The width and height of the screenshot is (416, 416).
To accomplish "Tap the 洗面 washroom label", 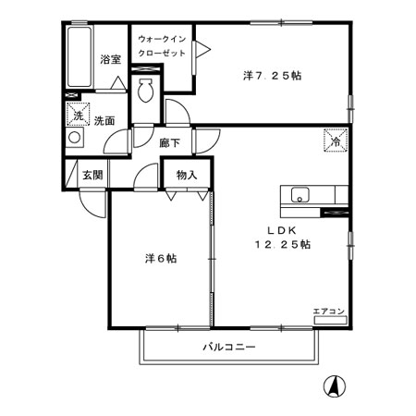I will pyautogui.click(x=104, y=121).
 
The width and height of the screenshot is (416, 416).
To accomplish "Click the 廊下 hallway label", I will pyautogui.click(x=168, y=142).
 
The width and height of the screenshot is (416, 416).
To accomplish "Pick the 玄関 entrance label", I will pyautogui.click(x=91, y=174).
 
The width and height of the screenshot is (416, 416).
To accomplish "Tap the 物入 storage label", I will pyautogui.click(x=188, y=173).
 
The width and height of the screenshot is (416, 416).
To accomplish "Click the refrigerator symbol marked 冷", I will pyautogui.click(x=333, y=141).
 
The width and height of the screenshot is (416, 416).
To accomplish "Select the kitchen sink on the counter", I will pyautogui.click(x=300, y=194).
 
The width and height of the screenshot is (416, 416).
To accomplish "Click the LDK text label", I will pyautogui.click(x=281, y=230).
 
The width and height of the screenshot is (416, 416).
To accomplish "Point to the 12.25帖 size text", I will pyautogui.click(x=282, y=245).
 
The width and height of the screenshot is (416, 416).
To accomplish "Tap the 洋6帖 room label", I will pyautogui.click(x=159, y=258).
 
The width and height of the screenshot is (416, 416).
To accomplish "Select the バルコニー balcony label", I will pyautogui.click(x=228, y=347).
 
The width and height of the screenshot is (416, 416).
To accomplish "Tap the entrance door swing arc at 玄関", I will pyautogui.click(x=91, y=202).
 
